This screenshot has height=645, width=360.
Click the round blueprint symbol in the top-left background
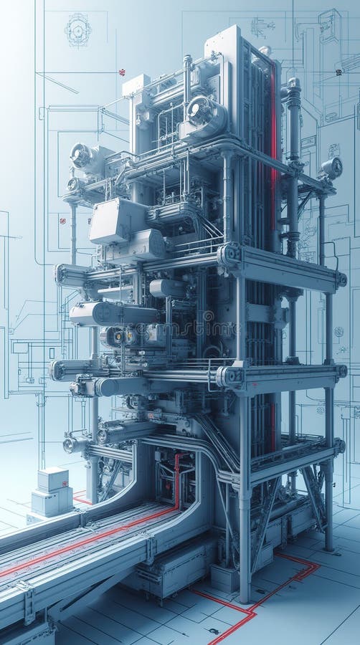[x=77, y=30]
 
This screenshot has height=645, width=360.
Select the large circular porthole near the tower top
[x=200, y=110]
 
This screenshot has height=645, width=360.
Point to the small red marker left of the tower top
[x=122, y=72]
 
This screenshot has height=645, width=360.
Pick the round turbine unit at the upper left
[x=80, y=154]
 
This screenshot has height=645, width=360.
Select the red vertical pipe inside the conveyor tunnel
[x=177, y=480]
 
